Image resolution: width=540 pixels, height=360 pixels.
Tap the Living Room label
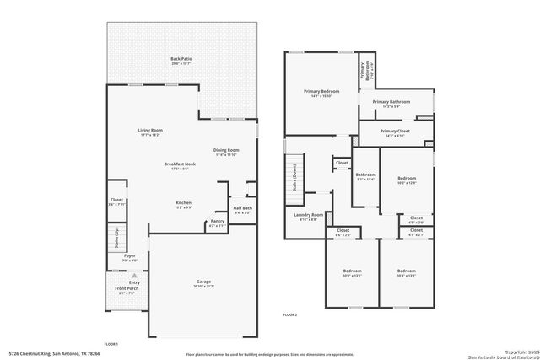[151, 130]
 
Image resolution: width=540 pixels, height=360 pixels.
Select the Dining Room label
[225, 151]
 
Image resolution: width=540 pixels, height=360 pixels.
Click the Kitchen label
[183, 203]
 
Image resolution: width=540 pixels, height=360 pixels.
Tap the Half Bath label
[243, 210]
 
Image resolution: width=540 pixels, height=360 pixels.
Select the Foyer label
[129, 256]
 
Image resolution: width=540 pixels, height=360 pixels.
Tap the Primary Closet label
[394, 132]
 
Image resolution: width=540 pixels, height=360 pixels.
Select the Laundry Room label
[309, 216]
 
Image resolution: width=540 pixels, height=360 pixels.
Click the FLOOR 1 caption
[111, 344]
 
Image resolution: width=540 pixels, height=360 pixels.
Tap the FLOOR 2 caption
[290, 314]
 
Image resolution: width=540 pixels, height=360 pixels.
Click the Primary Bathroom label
[397, 102]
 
